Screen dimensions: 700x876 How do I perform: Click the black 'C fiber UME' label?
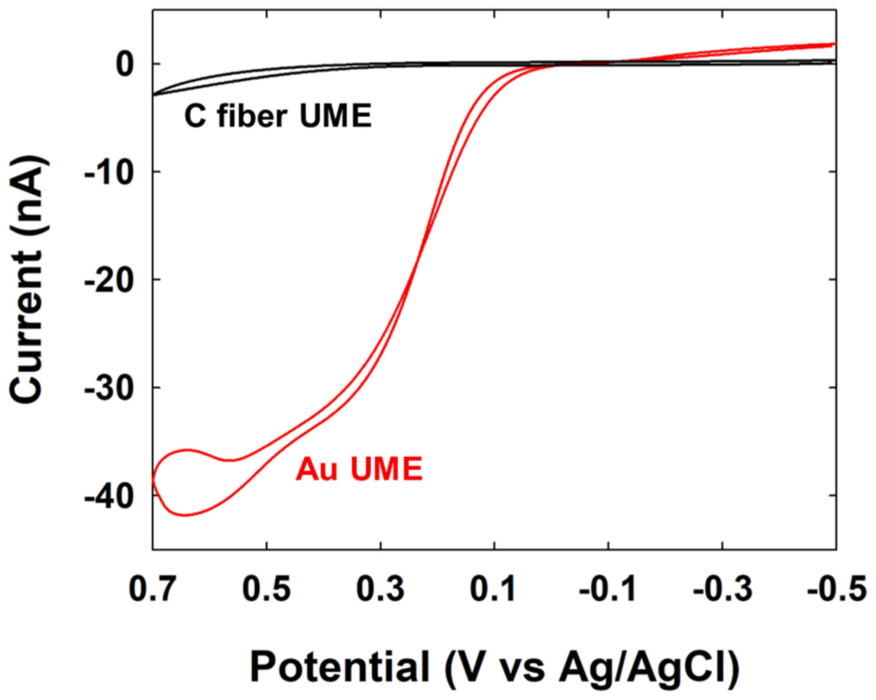point(278,116)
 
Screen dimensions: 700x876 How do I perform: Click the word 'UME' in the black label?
point(335,116)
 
